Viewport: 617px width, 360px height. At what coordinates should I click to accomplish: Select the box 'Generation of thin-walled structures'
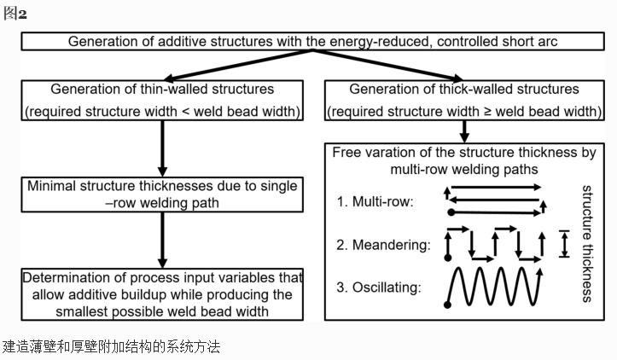coord(161,100)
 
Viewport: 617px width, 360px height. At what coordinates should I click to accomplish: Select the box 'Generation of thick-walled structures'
coord(464,100)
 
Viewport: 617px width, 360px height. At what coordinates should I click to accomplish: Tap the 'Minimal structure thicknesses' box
coord(161,195)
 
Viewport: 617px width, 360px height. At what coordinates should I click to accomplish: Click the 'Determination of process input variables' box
coord(161,294)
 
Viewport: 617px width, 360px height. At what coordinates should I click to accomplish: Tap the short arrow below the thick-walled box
coord(465,131)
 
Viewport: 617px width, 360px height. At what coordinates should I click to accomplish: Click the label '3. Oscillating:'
coord(379,287)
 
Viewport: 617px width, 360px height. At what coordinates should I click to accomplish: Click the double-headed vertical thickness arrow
coord(562,243)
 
